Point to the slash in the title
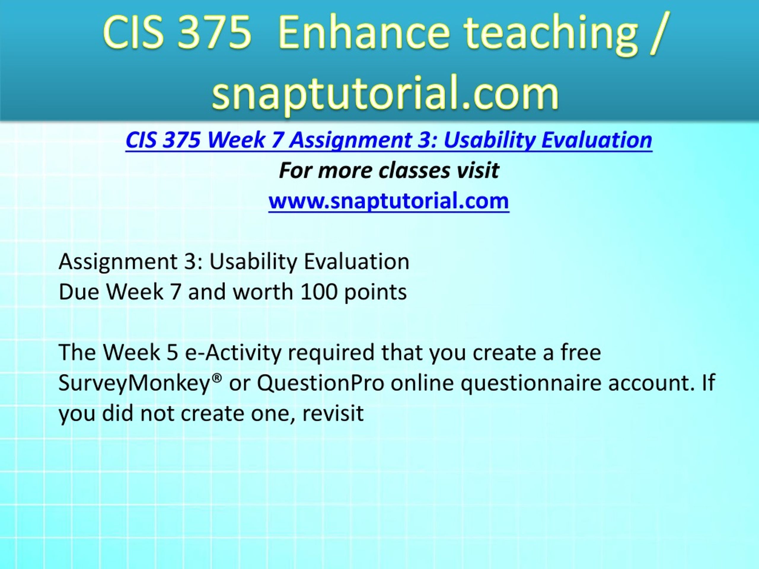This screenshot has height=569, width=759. (x=657, y=34)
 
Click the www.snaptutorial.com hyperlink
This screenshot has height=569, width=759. (x=389, y=201)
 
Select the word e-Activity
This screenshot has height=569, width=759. (x=233, y=352)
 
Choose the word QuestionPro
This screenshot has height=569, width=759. (x=320, y=383)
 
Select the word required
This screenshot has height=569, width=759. (x=331, y=353)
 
